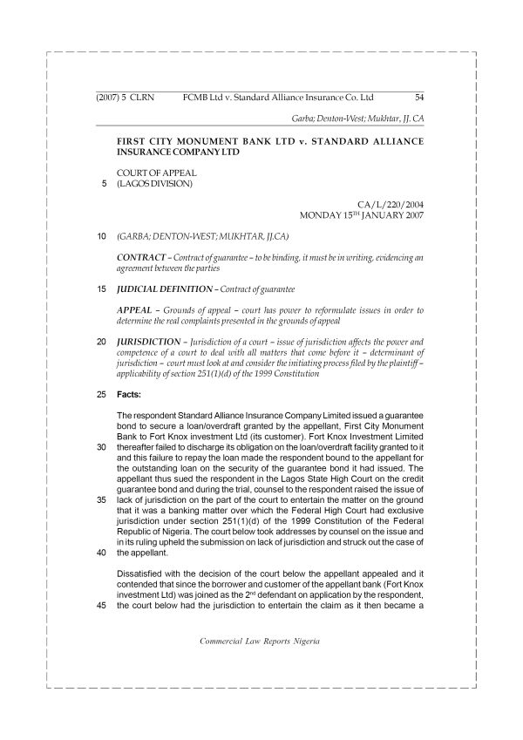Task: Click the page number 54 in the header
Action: (x=419, y=98)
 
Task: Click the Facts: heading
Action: (x=131, y=394)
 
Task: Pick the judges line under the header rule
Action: (x=357, y=118)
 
